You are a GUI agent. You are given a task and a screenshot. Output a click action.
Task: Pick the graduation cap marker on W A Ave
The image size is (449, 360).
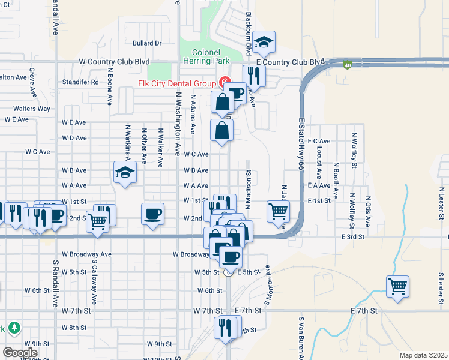pos(125,173)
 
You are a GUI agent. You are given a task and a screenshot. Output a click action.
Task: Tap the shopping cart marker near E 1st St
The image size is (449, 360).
pos(278,211)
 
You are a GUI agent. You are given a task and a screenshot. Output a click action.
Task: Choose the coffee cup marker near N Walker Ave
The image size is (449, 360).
pos(152,214)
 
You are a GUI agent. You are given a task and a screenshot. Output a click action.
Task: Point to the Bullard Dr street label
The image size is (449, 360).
pos(148,43)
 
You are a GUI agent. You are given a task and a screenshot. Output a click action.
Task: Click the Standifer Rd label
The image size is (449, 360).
pos(80,82)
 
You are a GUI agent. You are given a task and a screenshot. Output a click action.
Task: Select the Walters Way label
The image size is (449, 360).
pos(32,109)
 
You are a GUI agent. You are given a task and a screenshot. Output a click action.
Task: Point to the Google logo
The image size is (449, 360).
pos(20,353)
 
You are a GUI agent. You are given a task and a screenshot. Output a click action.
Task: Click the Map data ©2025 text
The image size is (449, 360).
pos(423,355)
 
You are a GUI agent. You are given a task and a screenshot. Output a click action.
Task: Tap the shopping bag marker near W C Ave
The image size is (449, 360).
pos(222,130)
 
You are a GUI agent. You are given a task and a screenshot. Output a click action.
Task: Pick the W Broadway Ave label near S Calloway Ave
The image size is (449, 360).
pos(87,254)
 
